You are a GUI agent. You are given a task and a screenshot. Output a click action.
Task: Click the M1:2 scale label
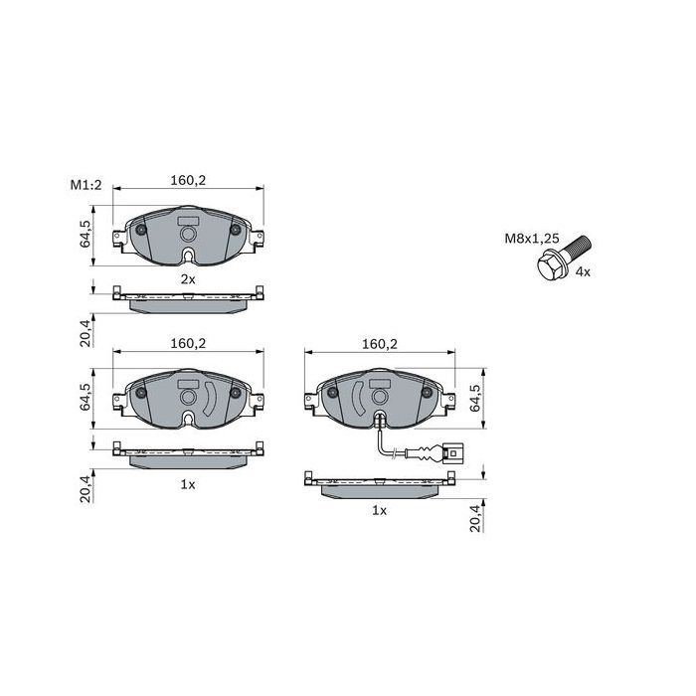(86, 185)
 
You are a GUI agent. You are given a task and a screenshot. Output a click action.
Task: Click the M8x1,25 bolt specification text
(531, 239)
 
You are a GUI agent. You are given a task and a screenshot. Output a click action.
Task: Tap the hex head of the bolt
(550, 265)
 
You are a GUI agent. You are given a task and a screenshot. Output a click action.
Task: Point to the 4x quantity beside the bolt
(583, 272)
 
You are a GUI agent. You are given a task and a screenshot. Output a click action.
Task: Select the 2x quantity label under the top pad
(188, 279)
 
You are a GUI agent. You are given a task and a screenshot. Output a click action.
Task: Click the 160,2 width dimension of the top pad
(188, 180)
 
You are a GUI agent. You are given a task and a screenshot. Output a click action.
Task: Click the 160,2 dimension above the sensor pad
(380, 344)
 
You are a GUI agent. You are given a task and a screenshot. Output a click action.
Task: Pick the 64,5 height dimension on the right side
(474, 398)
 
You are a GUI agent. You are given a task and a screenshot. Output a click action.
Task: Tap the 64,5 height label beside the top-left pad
(85, 234)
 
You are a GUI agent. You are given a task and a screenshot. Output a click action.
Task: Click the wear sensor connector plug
(453, 454)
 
